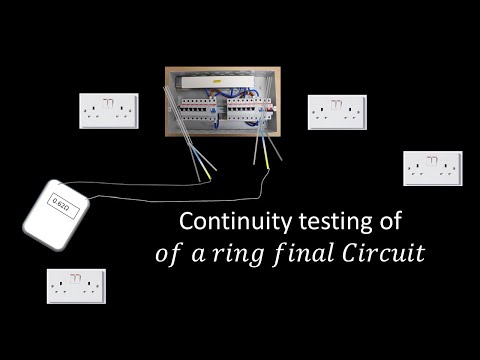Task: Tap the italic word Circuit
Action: click(x=388, y=253)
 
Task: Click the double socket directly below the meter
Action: click(x=78, y=285)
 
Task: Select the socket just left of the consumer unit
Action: click(x=108, y=109)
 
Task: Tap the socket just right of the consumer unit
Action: click(x=337, y=111)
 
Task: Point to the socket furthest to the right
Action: click(x=432, y=168)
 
